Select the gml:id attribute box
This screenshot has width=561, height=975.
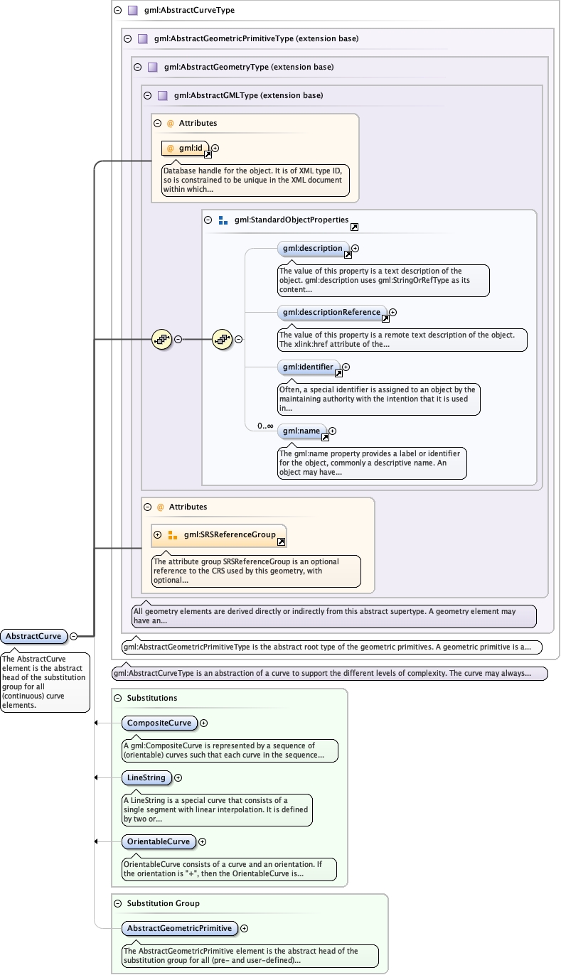(185, 148)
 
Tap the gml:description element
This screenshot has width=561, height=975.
(312, 249)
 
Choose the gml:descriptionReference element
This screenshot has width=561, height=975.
(331, 312)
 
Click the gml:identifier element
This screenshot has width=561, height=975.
(308, 367)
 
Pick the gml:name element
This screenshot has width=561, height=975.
(301, 431)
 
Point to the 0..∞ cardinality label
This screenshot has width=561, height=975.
(265, 426)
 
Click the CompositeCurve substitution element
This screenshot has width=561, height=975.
(159, 723)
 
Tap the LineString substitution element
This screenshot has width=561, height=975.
(146, 778)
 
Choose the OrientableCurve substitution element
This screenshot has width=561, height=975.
(158, 841)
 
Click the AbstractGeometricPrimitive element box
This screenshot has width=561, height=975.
(178, 928)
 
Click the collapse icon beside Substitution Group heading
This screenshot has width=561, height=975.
(117, 903)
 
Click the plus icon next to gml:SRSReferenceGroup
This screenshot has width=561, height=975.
(158, 534)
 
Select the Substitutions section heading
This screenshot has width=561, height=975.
(152, 698)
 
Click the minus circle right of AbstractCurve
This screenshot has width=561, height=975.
(73, 636)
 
